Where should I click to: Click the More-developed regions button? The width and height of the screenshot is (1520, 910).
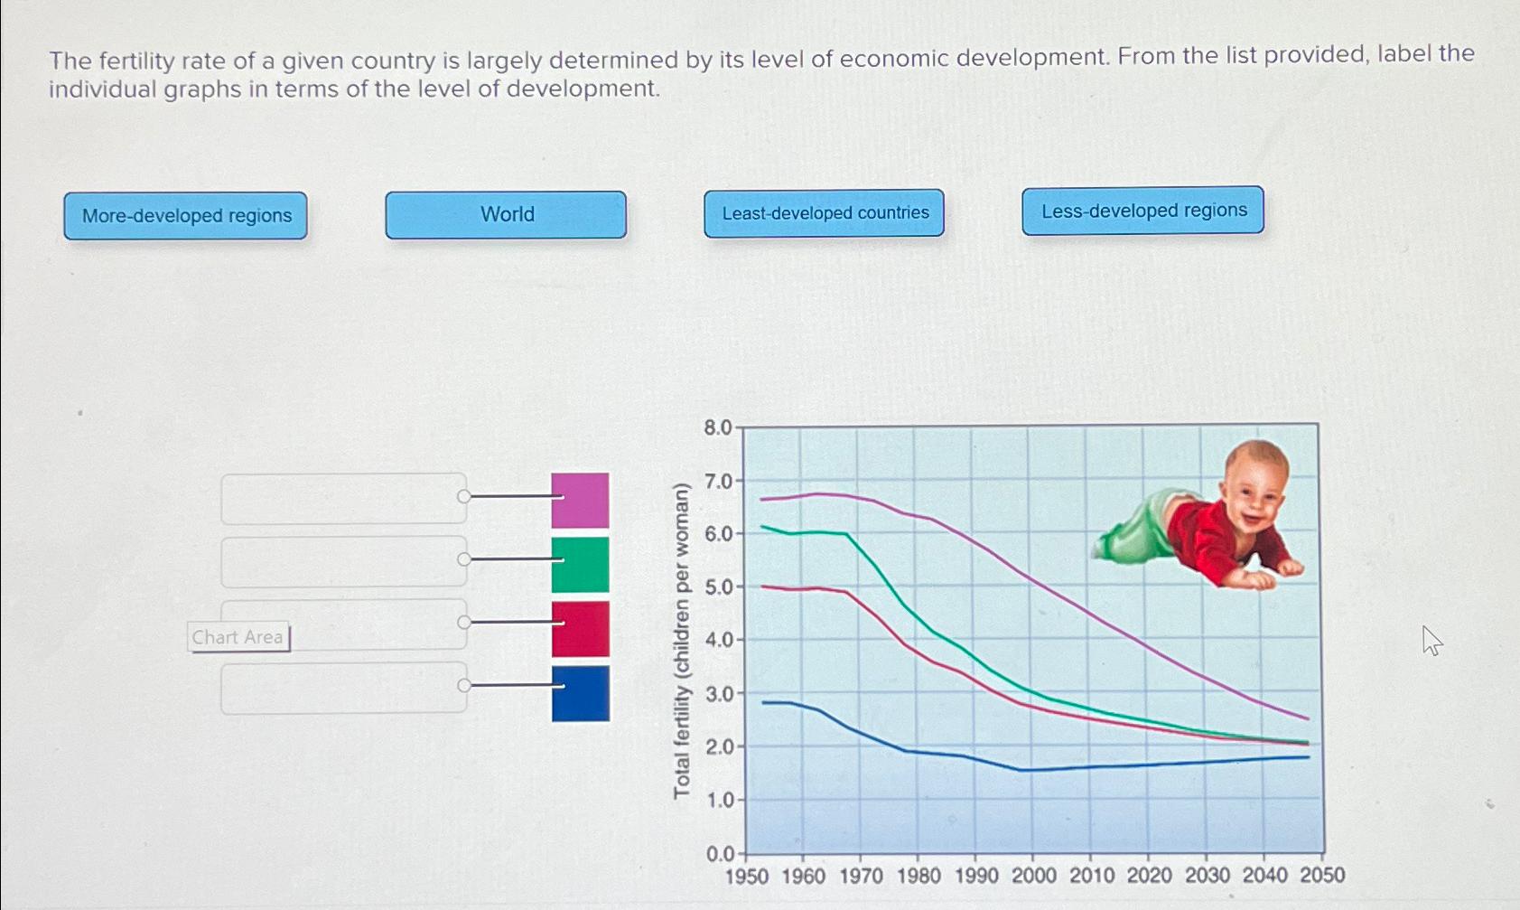coord(186,216)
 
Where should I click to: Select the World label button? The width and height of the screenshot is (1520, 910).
coord(506,214)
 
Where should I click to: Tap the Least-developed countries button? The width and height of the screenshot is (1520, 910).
coord(824,213)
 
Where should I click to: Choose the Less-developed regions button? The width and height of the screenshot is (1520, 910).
coord(1142,211)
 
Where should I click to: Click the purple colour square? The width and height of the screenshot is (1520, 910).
coord(580,500)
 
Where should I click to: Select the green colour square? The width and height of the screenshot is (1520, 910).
coord(580,565)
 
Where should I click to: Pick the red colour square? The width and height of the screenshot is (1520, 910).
coord(580,629)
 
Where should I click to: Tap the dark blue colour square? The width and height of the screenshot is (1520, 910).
coord(580,693)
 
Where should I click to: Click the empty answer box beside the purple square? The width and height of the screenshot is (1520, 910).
coord(343,499)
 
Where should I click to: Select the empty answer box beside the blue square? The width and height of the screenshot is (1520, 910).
coord(343,689)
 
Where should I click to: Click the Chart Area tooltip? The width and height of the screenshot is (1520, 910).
coord(238,637)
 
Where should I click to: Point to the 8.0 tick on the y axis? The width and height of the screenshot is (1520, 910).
coord(718,427)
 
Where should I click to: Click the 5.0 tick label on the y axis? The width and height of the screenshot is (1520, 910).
coord(719,587)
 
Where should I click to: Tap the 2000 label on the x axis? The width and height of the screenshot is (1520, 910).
coord(1033,876)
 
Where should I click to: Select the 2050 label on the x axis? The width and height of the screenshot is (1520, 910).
coord(1322,875)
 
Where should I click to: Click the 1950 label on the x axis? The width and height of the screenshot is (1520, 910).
coord(746,877)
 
